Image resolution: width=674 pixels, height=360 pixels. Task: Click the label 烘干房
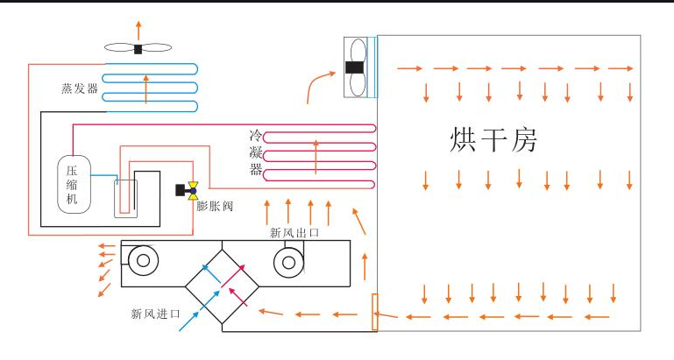pos(493,139)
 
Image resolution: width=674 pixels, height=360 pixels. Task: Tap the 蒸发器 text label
pos(79,88)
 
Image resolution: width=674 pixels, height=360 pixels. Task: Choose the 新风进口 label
pos(155,313)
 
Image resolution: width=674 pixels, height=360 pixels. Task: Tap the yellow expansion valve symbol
pos(192,190)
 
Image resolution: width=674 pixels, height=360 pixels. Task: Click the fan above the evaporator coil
pos(138,48)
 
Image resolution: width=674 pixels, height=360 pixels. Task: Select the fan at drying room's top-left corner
pos(356,67)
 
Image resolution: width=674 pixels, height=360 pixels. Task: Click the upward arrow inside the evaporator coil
pos(145,88)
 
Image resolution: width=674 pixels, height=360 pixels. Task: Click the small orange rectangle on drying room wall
pos(375,312)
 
